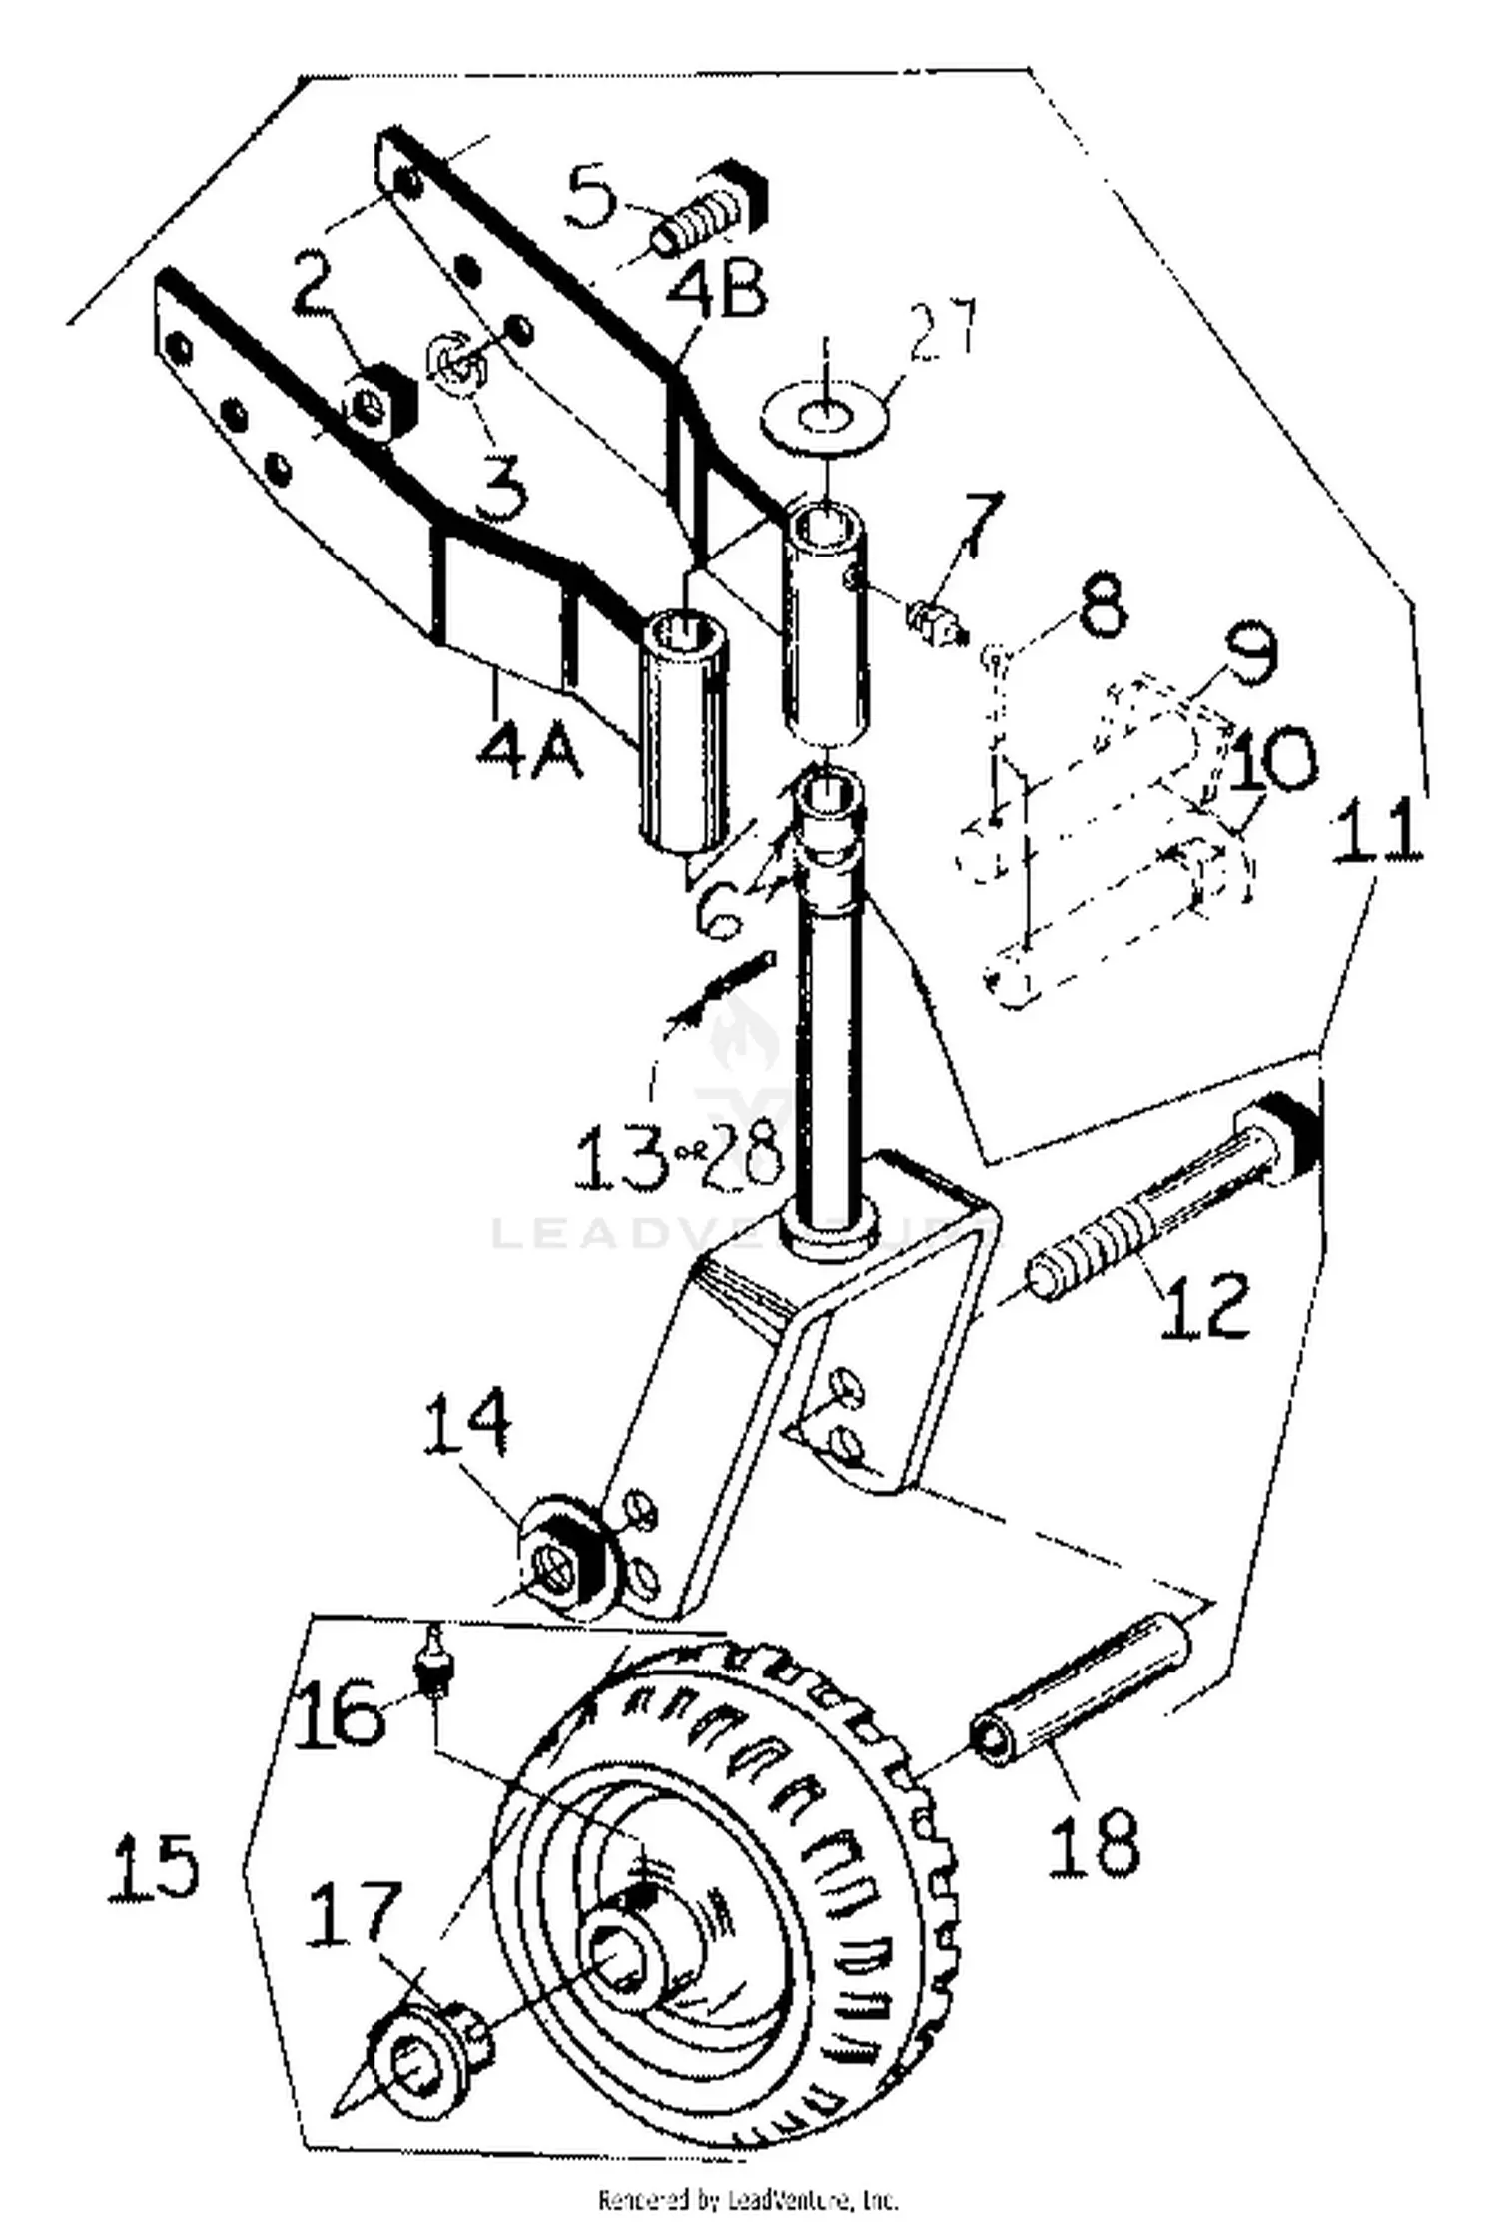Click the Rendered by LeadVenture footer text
point(749,2199)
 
